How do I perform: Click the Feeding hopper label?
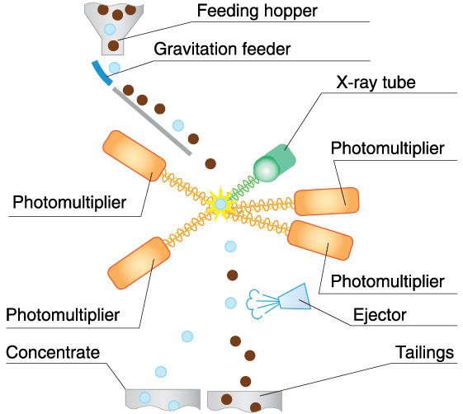click(257, 12)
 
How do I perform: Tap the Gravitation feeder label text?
click(222, 49)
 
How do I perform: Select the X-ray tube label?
click(376, 82)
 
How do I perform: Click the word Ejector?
click(380, 315)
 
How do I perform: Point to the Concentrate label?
click(53, 352)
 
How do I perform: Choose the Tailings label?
click(424, 352)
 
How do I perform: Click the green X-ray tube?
click(274, 163)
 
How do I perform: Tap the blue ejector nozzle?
click(295, 297)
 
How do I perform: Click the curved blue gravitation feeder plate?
click(102, 73)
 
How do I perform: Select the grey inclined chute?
click(152, 121)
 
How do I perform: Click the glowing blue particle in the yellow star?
click(220, 204)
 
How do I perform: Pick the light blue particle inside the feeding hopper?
click(110, 29)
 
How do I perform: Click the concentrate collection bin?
click(163, 399)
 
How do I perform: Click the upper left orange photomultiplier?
click(134, 156)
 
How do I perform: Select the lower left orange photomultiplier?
click(139, 263)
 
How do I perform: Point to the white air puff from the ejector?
click(254, 304)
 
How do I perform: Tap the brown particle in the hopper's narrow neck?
click(113, 45)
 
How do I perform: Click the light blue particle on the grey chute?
click(178, 125)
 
